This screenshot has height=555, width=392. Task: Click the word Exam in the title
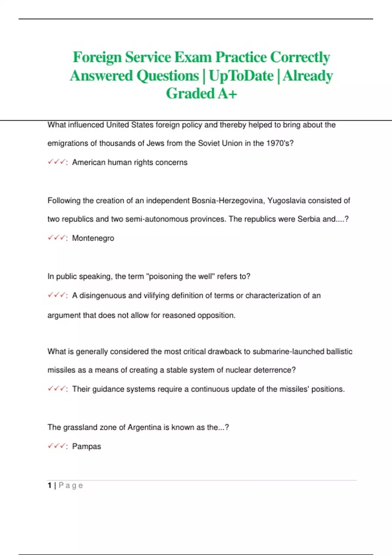pyautogui.click(x=193, y=57)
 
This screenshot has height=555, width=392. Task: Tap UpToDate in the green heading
pyautogui.click(x=241, y=76)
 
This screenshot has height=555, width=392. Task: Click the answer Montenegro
pyautogui.click(x=93, y=238)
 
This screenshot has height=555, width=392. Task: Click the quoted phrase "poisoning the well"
pyautogui.click(x=180, y=277)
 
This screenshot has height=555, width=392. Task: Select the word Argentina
pyautogui.click(x=145, y=427)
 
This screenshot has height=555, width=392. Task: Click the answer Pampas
pyautogui.click(x=87, y=447)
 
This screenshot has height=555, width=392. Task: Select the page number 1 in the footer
pyautogui.click(x=50, y=485)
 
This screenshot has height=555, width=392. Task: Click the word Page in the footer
pyautogui.click(x=71, y=485)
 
